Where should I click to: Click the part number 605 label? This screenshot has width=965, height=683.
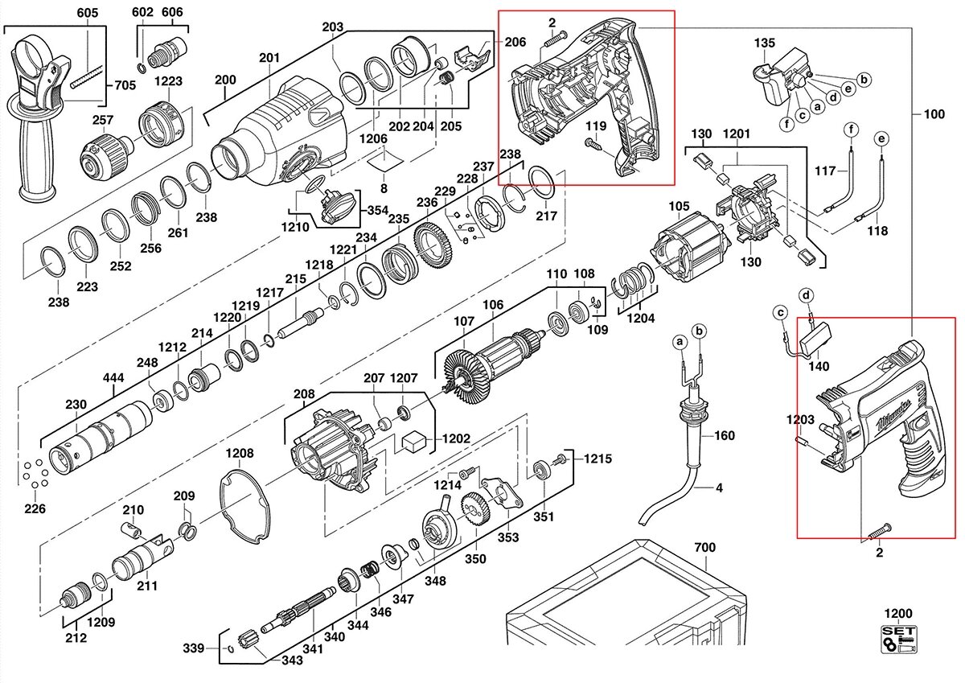click(88, 13)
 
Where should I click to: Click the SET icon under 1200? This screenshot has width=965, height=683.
click(899, 640)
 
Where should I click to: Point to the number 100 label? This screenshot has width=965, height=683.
click(934, 114)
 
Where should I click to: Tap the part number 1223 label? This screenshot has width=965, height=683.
click(169, 81)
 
